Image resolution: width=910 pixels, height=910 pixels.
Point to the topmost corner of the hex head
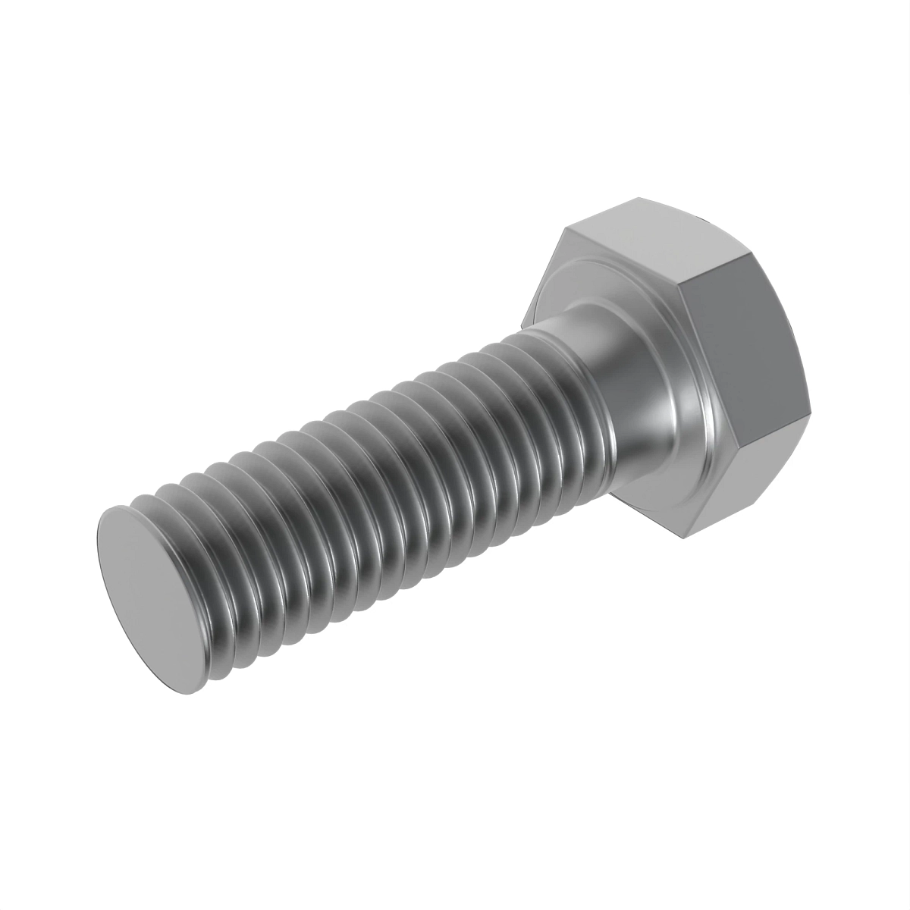pyautogui.click(x=635, y=199)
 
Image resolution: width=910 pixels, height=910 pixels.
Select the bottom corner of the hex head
pyautogui.click(x=682, y=540)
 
